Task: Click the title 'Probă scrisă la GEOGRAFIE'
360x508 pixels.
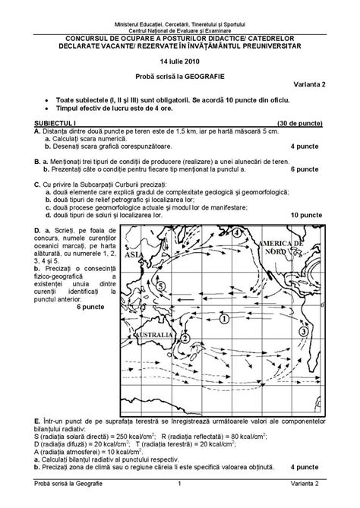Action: click(x=179, y=75)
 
